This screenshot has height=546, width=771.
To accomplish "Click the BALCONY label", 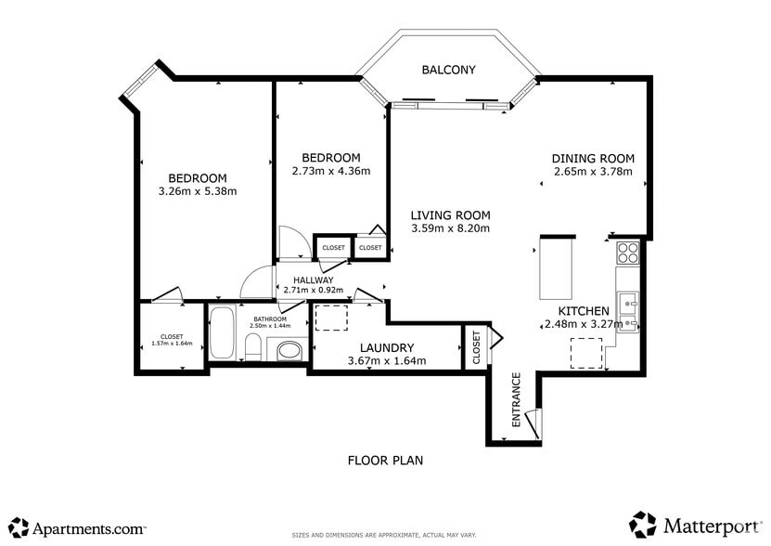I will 448,70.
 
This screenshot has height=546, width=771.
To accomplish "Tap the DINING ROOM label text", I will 593,158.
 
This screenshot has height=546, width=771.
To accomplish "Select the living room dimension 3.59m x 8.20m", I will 450,228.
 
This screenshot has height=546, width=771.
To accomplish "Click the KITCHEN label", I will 583,311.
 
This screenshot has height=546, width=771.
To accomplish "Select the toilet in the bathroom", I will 251,349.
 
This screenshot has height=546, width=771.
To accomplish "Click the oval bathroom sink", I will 289,351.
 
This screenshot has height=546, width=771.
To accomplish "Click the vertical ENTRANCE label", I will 517,399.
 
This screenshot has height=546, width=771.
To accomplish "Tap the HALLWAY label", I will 313,279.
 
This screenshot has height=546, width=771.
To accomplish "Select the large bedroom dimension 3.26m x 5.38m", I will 198,192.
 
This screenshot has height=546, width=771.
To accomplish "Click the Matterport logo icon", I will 643,525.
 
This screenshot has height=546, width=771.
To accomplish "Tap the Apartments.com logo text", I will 89,528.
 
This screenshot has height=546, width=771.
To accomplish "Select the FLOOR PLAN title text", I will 385,460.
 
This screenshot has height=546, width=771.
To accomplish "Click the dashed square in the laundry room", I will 329,317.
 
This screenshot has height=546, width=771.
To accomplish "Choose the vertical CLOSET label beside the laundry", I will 476,347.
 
